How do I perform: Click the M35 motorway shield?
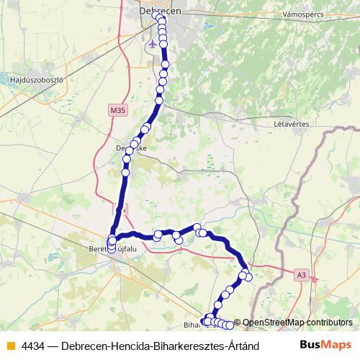pyautogui.click(x=117, y=110)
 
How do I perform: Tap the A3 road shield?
pyautogui.click(x=301, y=274)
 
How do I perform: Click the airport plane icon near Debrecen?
pyautogui.click(x=152, y=43)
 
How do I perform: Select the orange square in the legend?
pyautogui.click(x=10, y=345)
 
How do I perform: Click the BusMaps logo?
pyautogui.click(x=325, y=344)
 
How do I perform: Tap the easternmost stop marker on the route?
pyautogui.click(x=249, y=277)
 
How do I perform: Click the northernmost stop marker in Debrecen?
pyautogui.click(x=156, y=14)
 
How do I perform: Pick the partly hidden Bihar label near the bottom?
pyautogui.click(x=192, y=325)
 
